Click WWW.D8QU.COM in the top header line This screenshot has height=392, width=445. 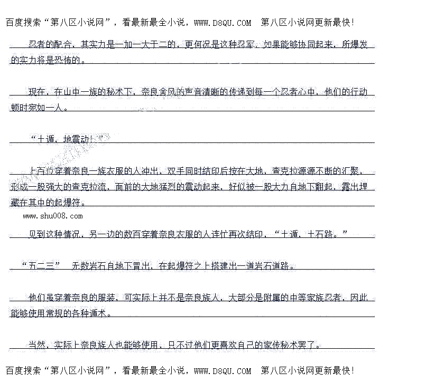[222, 23]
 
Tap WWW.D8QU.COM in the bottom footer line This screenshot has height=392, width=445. [222, 371]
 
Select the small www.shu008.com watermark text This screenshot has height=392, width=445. [53, 216]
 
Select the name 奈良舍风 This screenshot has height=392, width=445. [160, 92]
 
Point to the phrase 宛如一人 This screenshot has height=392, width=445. [50, 108]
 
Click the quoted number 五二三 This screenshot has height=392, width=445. [41, 266]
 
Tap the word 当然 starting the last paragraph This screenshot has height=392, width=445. [36, 345]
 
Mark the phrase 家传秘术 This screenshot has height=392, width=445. [282, 345]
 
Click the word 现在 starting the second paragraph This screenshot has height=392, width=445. [36, 92]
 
